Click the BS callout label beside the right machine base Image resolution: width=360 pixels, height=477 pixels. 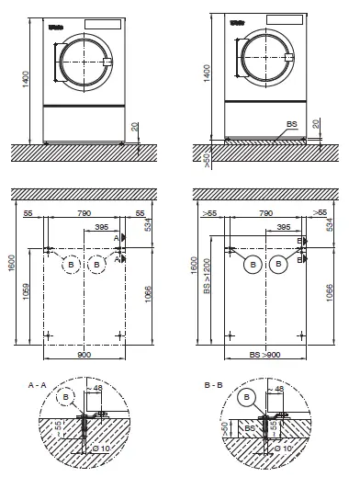pyautogui.click(x=291, y=122)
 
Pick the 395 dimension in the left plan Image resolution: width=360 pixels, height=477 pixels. pyautogui.click(x=103, y=225)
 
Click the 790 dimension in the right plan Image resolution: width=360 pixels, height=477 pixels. pyautogui.click(x=264, y=213)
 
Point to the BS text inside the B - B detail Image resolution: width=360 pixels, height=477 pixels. pyautogui.click(x=250, y=428)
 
